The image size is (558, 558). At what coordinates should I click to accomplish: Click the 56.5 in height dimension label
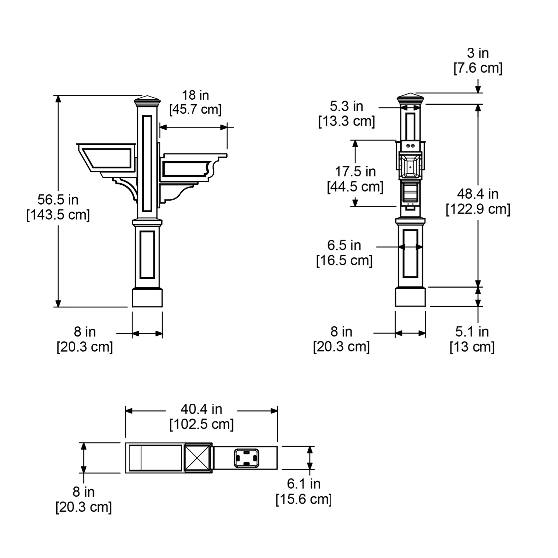pyautogui.click(x=58, y=199)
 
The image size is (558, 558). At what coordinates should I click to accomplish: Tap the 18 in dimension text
pyautogui.click(x=196, y=95)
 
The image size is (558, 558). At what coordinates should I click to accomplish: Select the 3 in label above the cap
pyautogui.click(x=478, y=53)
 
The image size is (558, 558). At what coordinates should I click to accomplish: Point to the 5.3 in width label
pyautogui.click(x=347, y=106)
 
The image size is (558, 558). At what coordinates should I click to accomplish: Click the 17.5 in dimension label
pyautogui.click(x=355, y=172)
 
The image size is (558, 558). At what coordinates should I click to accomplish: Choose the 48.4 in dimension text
pyautogui.click(x=478, y=194)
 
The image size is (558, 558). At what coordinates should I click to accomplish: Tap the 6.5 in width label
pyautogui.click(x=344, y=245)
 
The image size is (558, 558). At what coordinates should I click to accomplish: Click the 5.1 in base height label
pyautogui.click(x=472, y=331)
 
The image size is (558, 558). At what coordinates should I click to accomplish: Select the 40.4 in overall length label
pyautogui.click(x=201, y=409)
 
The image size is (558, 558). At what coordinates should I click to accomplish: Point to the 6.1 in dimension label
pyautogui.click(x=304, y=484)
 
